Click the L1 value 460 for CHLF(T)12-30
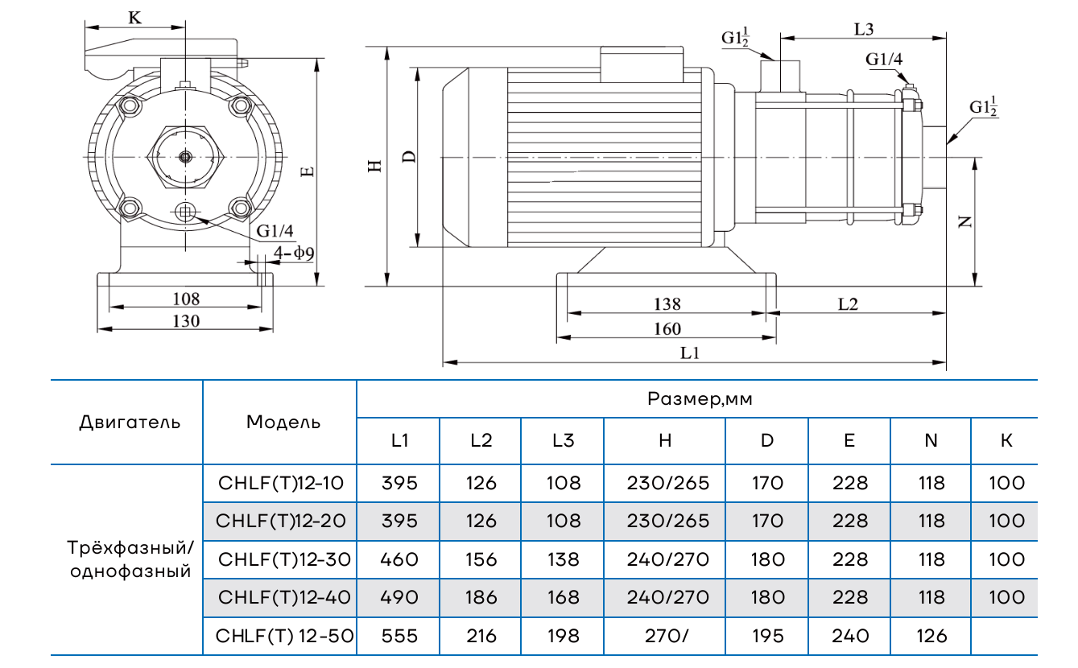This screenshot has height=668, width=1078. pyautogui.click(x=399, y=559)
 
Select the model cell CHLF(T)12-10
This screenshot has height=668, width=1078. pyautogui.click(x=281, y=483)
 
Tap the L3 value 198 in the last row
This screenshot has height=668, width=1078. pyautogui.click(x=563, y=636)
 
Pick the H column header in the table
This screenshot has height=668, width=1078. pyautogui.click(x=664, y=440)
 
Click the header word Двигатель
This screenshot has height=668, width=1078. pyautogui.click(x=130, y=422)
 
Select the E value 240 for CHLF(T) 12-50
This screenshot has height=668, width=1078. pyautogui.click(x=850, y=636)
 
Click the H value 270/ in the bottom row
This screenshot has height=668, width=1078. pyautogui.click(x=664, y=636)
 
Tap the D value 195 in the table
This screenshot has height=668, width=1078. pyautogui.click(x=766, y=636)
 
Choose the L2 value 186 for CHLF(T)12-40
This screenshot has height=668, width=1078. pyautogui.click(x=481, y=597)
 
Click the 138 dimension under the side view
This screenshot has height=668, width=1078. pyautogui.click(x=667, y=303)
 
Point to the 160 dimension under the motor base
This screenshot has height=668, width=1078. pyautogui.click(x=667, y=328)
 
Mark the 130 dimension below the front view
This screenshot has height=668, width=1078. pyautogui.click(x=186, y=320)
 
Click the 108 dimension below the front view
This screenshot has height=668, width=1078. pyautogui.click(x=186, y=299)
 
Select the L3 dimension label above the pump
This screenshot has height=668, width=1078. pyautogui.click(x=864, y=28)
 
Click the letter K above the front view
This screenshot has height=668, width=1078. pyautogui.click(x=135, y=18)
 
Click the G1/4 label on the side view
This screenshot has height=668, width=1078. pyautogui.click(x=884, y=59)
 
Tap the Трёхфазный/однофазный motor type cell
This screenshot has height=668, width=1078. pyautogui.click(x=130, y=559)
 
